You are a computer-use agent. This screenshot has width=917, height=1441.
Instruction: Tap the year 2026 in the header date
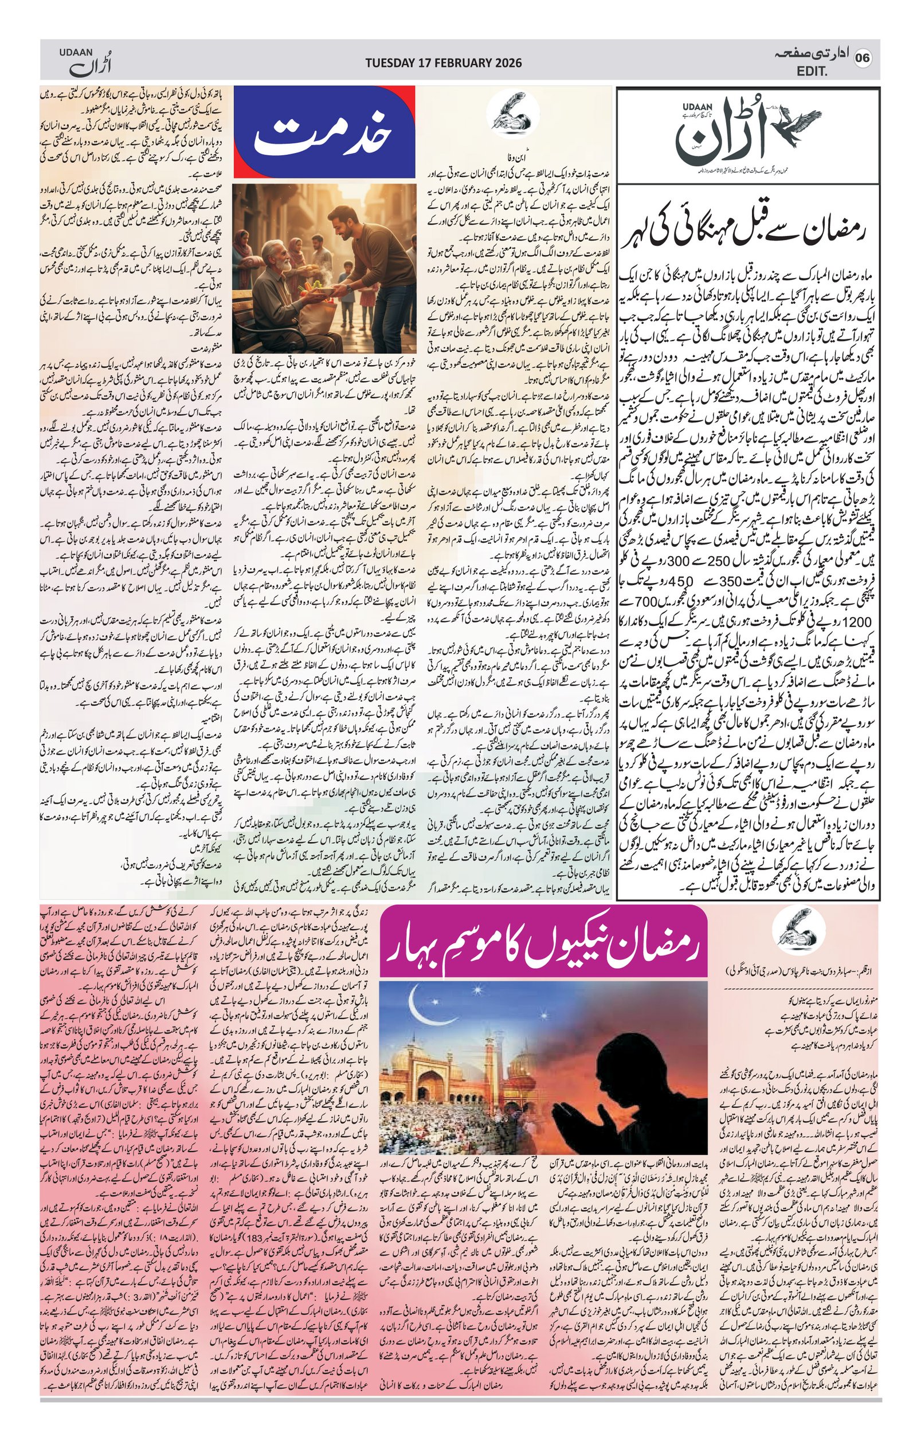[x=507, y=62]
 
